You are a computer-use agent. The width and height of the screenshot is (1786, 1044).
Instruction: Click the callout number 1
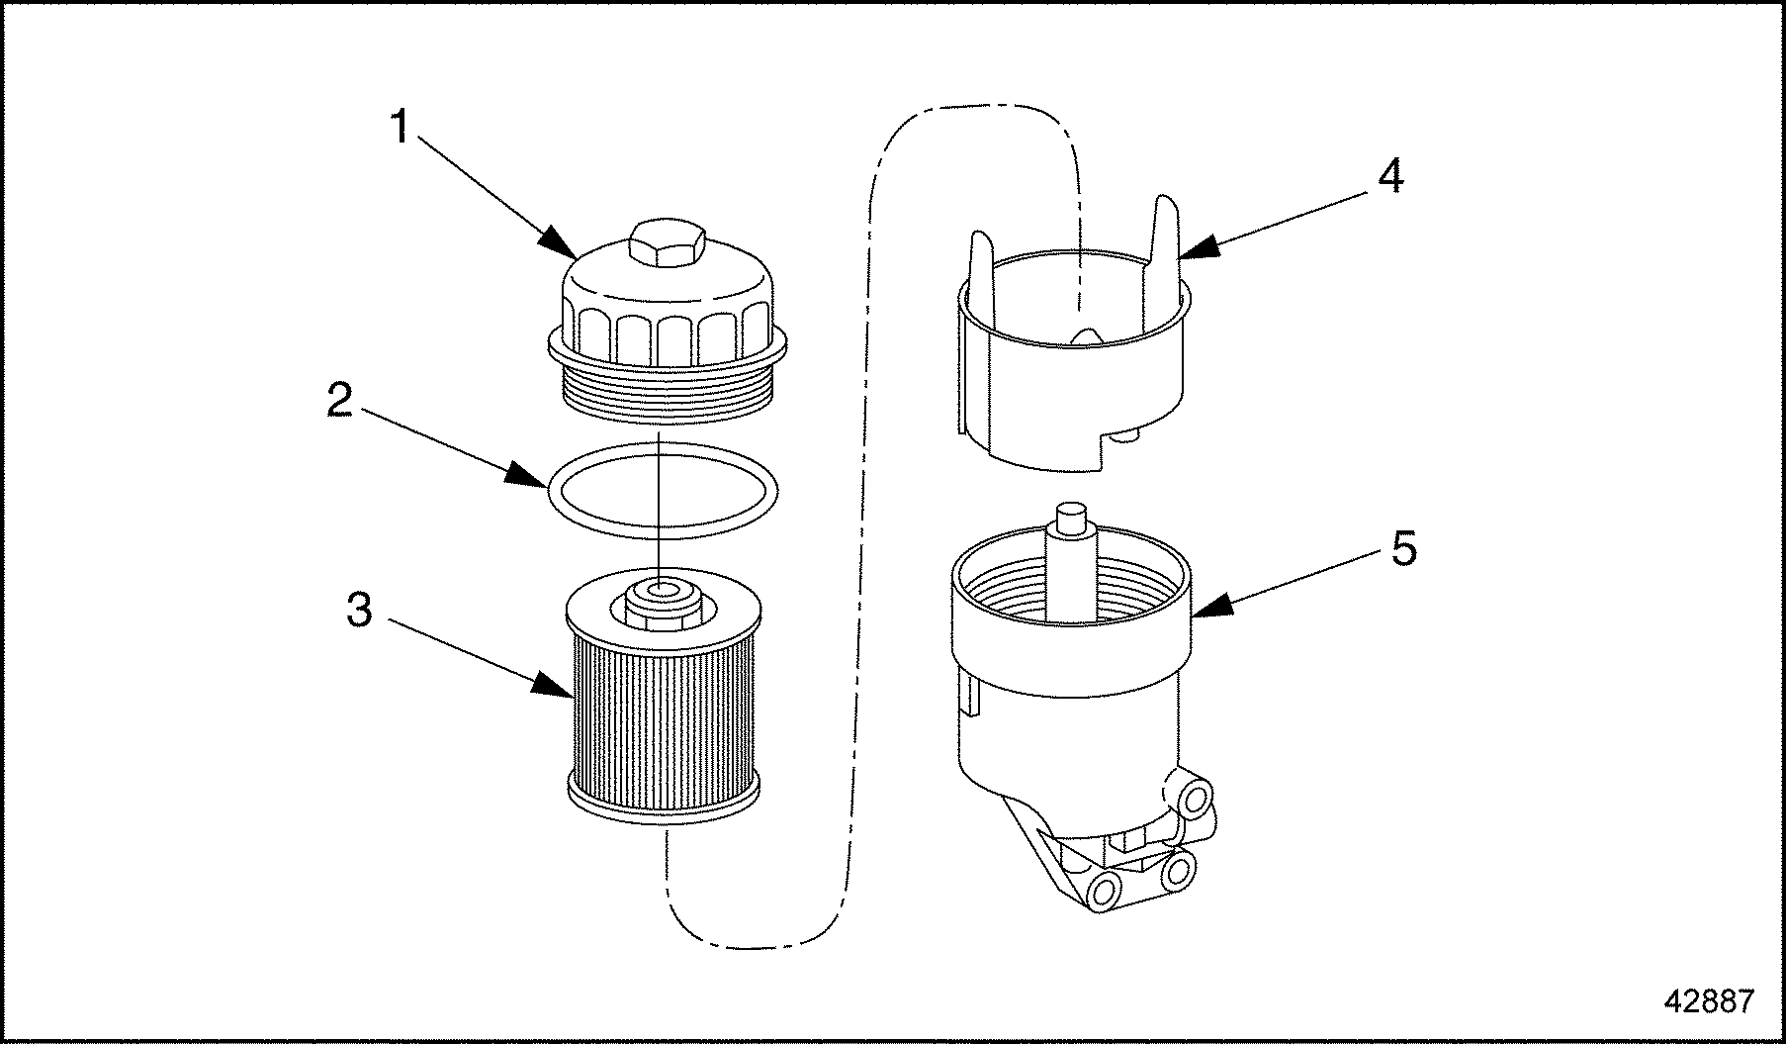400,128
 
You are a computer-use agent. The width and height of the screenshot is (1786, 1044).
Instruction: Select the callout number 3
360,611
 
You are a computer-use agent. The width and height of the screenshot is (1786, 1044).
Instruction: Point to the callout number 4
1390,176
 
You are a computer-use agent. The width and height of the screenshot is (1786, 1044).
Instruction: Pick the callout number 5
1403,547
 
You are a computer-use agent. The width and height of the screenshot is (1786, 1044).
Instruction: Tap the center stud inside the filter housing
1071,554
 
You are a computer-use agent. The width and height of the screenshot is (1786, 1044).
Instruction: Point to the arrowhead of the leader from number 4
1187,250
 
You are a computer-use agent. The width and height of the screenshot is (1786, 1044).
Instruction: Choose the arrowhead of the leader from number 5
1203,610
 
